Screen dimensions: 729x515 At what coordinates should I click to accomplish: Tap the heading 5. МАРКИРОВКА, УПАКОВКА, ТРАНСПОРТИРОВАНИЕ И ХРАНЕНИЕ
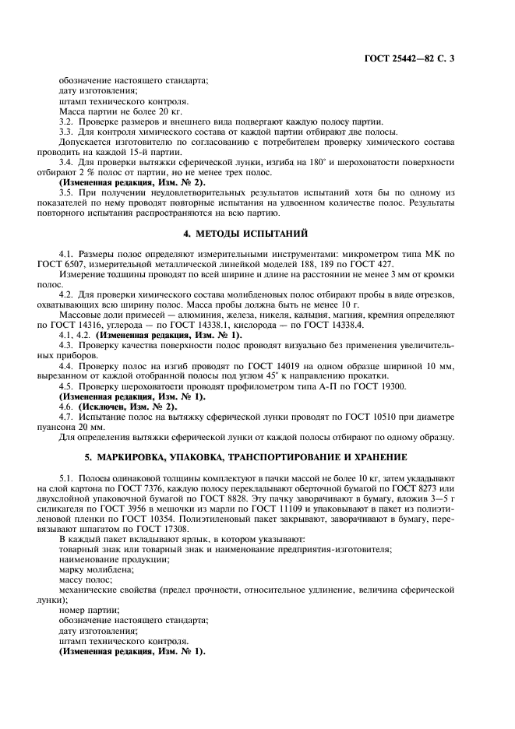click(257, 456)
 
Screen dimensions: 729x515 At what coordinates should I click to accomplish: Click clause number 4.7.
click(67, 418)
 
